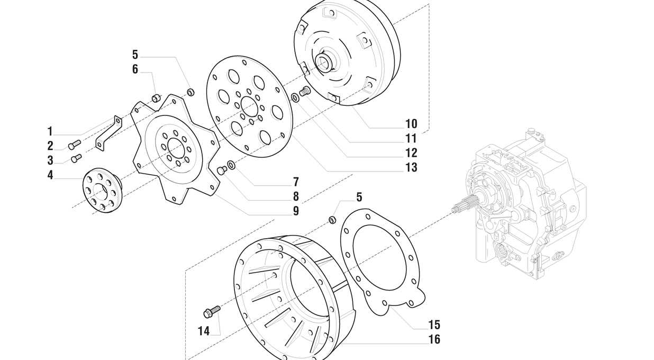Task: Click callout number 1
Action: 50,131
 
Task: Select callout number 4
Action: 50,175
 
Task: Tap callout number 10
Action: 411,124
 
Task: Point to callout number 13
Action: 411,168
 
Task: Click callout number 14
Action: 204,331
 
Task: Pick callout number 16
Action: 434,339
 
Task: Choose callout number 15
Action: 434,325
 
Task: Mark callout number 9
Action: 296,211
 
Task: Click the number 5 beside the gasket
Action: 359,197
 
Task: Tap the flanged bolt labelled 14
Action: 212,311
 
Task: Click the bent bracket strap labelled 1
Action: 108,133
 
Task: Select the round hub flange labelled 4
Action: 102,189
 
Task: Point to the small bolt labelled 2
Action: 74,144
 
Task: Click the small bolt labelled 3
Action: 76,157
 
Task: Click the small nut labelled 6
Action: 156,97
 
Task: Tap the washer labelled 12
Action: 294,98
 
